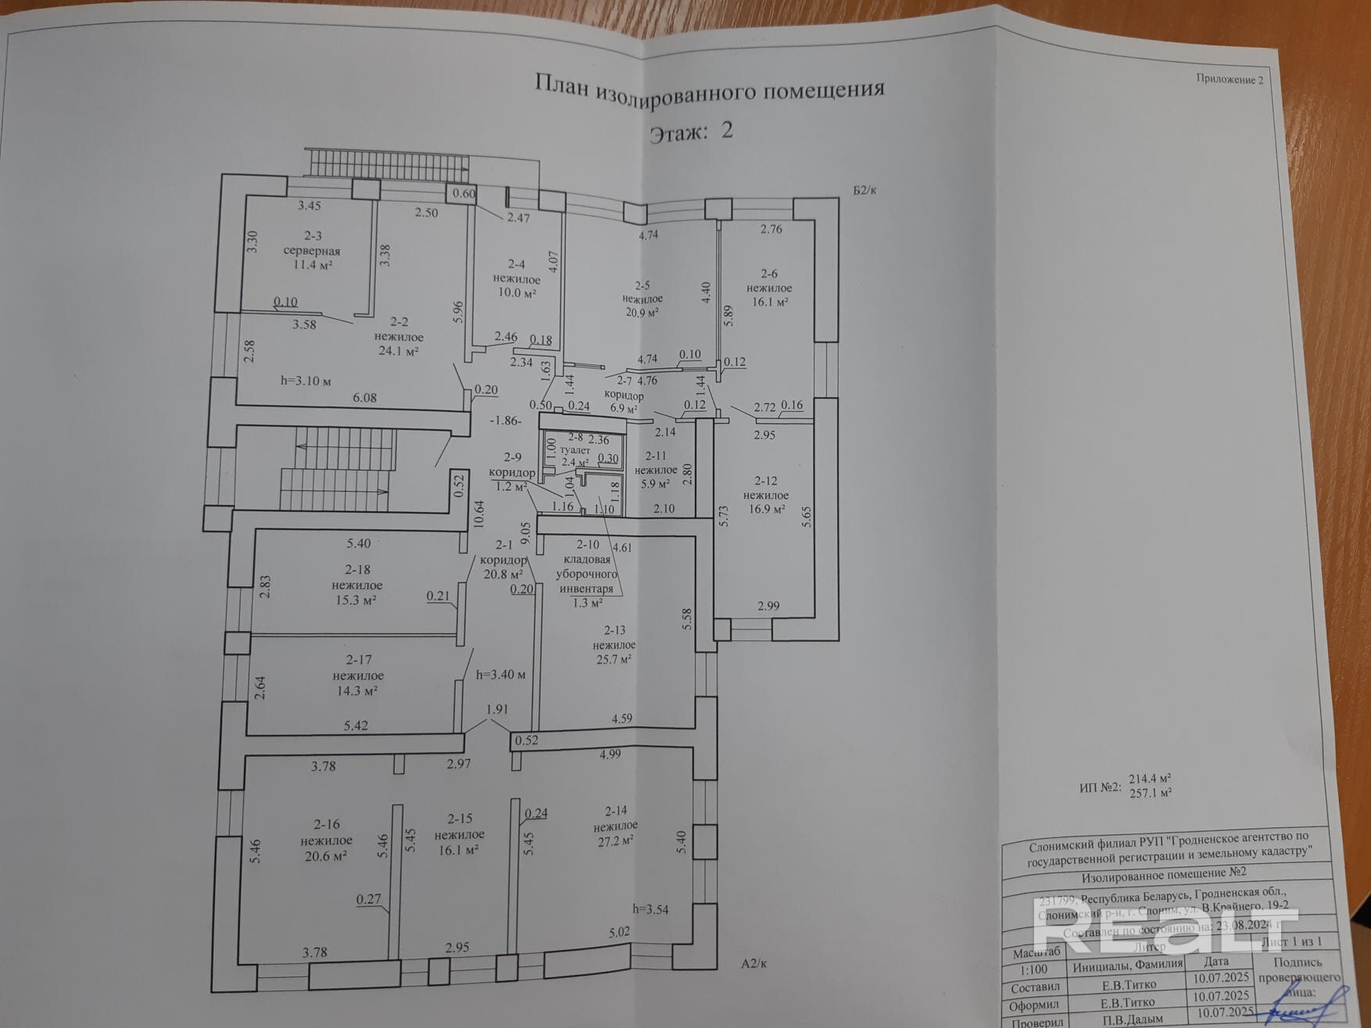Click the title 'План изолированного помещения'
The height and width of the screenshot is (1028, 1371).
coord(709,88)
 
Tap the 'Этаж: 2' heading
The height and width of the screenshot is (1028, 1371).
coord(691,131)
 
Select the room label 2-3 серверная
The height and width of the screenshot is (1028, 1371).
coord(312,244)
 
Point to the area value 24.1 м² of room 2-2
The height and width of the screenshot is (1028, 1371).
coord(399,351)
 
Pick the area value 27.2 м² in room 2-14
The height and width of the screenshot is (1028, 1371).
coord(614,840)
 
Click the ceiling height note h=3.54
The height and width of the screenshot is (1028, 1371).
coord(650,908)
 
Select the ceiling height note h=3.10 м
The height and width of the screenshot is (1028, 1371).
coord(306,381)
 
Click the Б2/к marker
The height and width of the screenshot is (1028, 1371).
coord(864,190)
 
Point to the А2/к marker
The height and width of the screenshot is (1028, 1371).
coord(754,963)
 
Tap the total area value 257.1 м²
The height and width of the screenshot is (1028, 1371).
coord(1150,793)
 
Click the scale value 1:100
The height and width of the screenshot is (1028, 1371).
coord(1033,969)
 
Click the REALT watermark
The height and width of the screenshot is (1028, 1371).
coord(1165,930)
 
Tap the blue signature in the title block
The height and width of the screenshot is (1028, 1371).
coord(1305,1005)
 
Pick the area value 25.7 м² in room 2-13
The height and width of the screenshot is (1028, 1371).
coord(614,659)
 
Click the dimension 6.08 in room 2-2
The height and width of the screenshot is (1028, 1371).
coord(364,397)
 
